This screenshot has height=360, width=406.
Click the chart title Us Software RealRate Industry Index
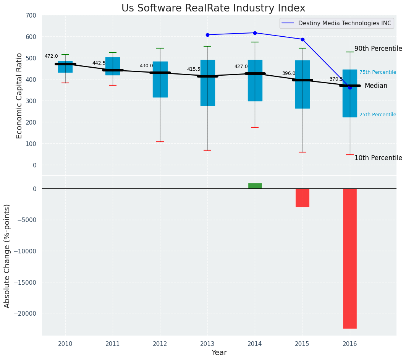pyautogui.click(x=213, y=8)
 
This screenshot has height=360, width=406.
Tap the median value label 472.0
pyautogui.click(x=51, y=56)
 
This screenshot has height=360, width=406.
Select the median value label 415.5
pyautogui.click(x=194, y=69)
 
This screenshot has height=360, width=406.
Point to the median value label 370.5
pyautogui.click(x=336, y=79)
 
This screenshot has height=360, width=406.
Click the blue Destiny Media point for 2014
pyautogui.click(x=255, y=33)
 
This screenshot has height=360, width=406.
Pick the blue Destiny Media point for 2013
pyautogui.click(x=207, y=35)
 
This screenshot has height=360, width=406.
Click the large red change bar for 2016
pyautogui.click(x=349, y=258)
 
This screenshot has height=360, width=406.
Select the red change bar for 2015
pyautogui.click(x=302, y=198)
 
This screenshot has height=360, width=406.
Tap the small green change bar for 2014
pyautogui.click(x=255, y=186)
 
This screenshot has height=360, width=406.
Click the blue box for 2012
pyautogui.click(x=160, y=79)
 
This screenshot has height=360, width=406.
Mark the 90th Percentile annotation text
pyautogui.click(x=378, y=49)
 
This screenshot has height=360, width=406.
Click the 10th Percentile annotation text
pyautogui.click(x=378, y=158)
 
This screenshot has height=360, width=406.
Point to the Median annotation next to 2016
pyautogui.click(x=376, y=86)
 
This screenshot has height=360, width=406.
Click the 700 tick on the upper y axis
pyautogui.click(x=31, y=16)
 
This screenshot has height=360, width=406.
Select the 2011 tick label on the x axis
pyautogui.click(x=113, y=344)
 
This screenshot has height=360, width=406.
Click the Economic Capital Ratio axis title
pyautogui.click(x=19, y=96)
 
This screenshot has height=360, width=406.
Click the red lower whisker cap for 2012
pyautogui.click(x=160, y=142)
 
